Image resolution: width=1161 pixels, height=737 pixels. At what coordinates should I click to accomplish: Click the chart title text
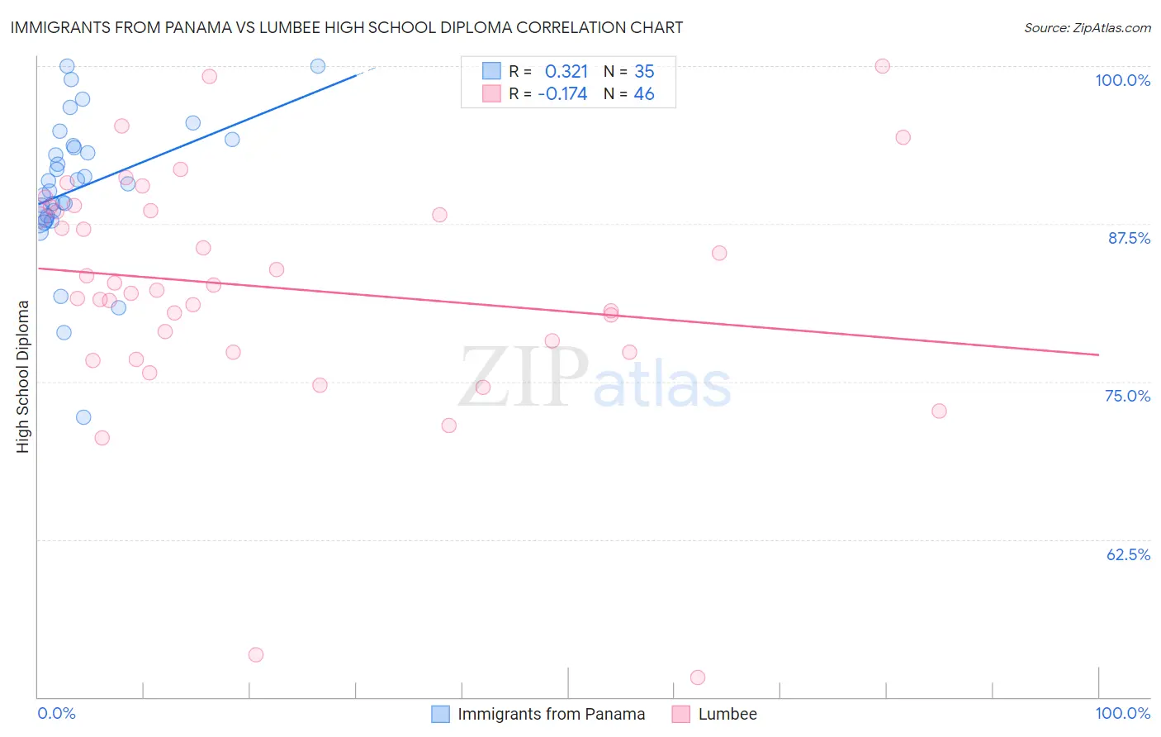[347, 27]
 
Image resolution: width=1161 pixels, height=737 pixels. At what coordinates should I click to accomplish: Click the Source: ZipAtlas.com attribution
[1087, 27]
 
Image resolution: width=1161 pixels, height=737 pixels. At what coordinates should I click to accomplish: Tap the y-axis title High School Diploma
[23, 376]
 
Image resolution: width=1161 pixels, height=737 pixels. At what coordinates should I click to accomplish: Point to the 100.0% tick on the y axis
[1122, 80]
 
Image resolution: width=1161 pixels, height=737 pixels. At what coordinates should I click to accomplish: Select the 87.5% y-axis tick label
[1128, 238]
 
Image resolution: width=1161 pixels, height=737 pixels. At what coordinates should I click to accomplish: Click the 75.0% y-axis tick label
[1127, 396]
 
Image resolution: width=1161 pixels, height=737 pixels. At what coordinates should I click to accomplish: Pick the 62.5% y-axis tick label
[1128, 554]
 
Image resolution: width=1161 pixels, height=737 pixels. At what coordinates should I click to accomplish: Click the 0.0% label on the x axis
[56, 713]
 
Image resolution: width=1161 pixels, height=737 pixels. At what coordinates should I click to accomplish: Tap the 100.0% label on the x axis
[1122, 713]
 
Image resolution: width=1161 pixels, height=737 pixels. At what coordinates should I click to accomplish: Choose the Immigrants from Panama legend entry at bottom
[551, 714]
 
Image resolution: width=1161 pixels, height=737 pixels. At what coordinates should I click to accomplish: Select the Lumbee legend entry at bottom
[727, 714]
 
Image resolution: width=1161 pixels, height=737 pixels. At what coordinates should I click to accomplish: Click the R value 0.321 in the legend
[566, 72]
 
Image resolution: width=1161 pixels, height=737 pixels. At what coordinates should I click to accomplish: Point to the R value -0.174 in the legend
[562, 94]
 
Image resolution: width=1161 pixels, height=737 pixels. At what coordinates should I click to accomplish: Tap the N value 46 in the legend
[643, 94]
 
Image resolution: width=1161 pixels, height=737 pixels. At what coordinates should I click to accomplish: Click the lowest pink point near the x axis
[698, 678]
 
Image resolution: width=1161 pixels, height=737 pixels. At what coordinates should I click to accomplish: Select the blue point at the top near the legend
[318, 66]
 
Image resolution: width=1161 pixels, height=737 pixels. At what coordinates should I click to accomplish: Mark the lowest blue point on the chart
[83, 417]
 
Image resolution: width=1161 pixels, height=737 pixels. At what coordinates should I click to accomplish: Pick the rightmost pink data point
[939, 411]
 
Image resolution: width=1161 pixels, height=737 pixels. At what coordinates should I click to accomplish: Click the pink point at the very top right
[882, 66]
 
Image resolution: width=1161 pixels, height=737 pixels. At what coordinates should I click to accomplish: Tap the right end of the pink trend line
[1098, 354]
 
